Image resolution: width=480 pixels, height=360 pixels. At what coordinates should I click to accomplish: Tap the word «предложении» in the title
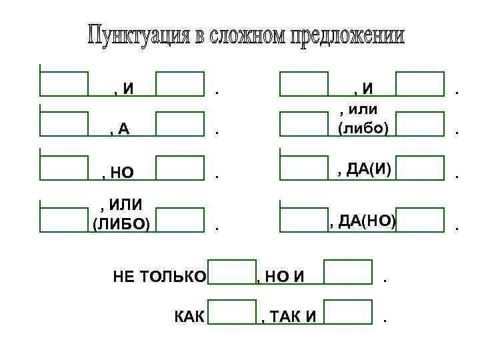coord(347,36)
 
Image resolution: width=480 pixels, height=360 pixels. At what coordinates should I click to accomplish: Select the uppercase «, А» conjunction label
coord(120,130)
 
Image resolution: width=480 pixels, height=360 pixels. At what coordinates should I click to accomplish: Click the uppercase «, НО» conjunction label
coord(118,174)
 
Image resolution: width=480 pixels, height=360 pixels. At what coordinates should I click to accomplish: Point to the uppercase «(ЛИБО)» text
coord(121,223)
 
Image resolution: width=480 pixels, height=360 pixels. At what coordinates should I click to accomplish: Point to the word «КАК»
coord(189,315)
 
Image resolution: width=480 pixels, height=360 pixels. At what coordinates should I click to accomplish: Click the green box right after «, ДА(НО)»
coord(420,220)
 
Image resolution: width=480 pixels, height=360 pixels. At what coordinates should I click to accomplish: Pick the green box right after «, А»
coord(180,124)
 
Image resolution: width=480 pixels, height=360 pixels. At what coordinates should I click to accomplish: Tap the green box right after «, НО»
coord(180,168)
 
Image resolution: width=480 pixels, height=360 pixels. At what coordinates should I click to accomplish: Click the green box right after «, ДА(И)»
coord(420,168)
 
